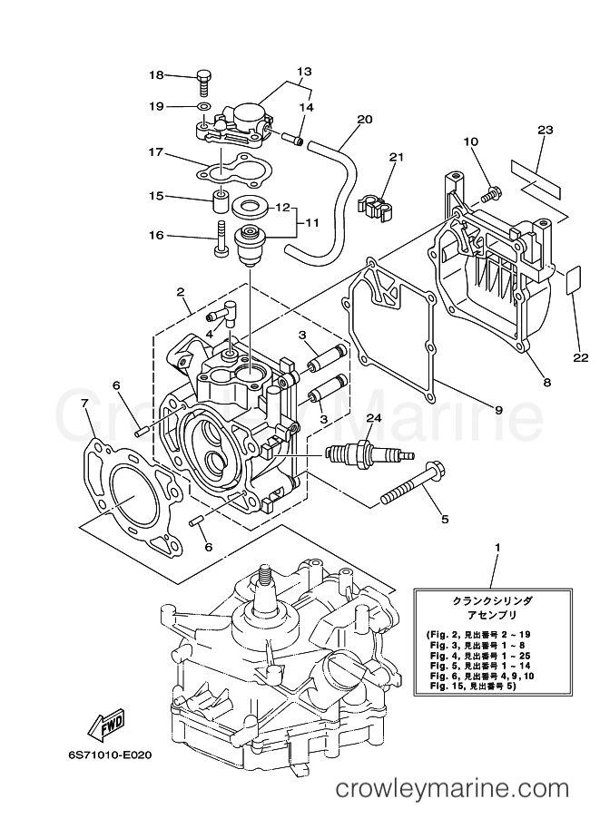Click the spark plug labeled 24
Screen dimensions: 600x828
point(370,453)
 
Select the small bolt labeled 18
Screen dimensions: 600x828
point(204,83)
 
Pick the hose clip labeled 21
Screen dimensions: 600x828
point(374,206)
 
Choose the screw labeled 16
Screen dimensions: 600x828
point(221,239)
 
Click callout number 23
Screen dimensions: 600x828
point(545,130)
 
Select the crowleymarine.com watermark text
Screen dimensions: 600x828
point(453,804)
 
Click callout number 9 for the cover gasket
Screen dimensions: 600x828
point(498,409)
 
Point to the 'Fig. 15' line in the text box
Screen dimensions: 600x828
point(470,686)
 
